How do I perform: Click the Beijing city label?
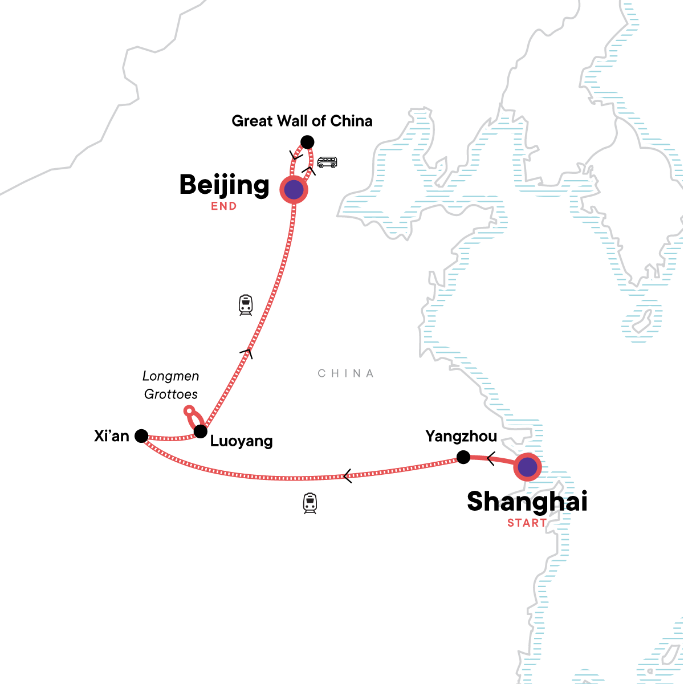tap(224, 185)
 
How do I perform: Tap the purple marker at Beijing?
tap(294, 189)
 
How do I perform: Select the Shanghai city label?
tap(527, 502)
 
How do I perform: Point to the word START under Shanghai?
tap(527, 523)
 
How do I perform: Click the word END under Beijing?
tap(224, 206)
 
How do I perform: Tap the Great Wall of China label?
tap(302, 121)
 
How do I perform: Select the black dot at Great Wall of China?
tap(307, 142)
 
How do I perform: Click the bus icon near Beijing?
tap(327, 162)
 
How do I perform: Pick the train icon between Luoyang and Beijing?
tap(246, 305)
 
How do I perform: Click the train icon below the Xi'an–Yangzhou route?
tap(310, 503)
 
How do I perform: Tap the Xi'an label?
tap(112, 436)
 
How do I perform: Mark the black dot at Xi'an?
tap(141, 437)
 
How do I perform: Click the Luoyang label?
tap(242, 441)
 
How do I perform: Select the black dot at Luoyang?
tap(200, 431)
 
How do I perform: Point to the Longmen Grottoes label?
tap(171, 385)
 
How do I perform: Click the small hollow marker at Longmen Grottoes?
tap(189, 410)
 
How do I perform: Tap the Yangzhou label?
tap(461, 437)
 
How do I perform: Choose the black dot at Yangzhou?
tap(463, 457)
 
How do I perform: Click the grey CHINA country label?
tap(346, 373)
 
